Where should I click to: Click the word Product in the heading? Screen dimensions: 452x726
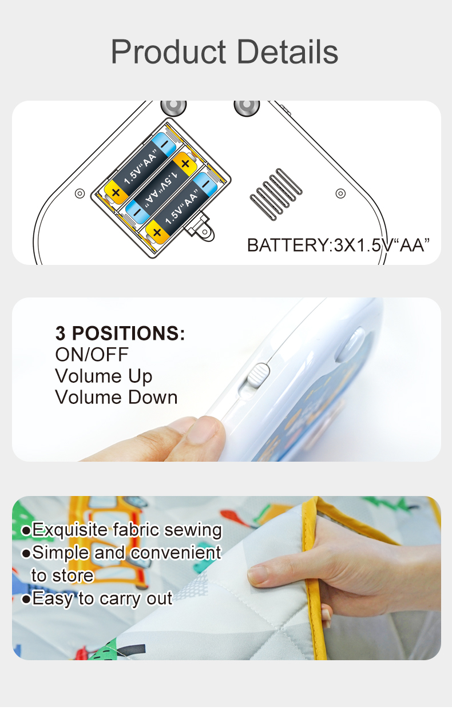coord(168,52)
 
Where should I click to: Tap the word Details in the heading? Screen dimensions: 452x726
coord(288,52)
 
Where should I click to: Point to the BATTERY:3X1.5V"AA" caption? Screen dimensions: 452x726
coord(338,245)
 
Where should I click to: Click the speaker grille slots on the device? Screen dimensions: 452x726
coord(276,195)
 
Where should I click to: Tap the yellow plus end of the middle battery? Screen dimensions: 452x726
coord(185,164)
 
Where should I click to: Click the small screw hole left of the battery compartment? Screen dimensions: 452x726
coord(80,193)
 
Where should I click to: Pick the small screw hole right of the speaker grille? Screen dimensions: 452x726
coord(340,193)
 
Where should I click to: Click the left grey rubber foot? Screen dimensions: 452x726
coord(173,106)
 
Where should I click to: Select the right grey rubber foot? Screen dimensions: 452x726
coord(247,106)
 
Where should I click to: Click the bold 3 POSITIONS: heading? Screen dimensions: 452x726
coord(120,333)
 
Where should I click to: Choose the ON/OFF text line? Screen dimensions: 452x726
coord(92,355)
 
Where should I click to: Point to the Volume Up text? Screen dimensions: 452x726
coord(104,376)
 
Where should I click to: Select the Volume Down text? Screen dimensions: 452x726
coord(116,398)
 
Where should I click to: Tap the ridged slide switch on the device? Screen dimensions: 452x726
coord(259,375)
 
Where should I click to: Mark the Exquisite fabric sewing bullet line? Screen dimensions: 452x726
coord(122,530)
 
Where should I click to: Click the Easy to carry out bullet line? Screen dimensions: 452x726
coord(97,598)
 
